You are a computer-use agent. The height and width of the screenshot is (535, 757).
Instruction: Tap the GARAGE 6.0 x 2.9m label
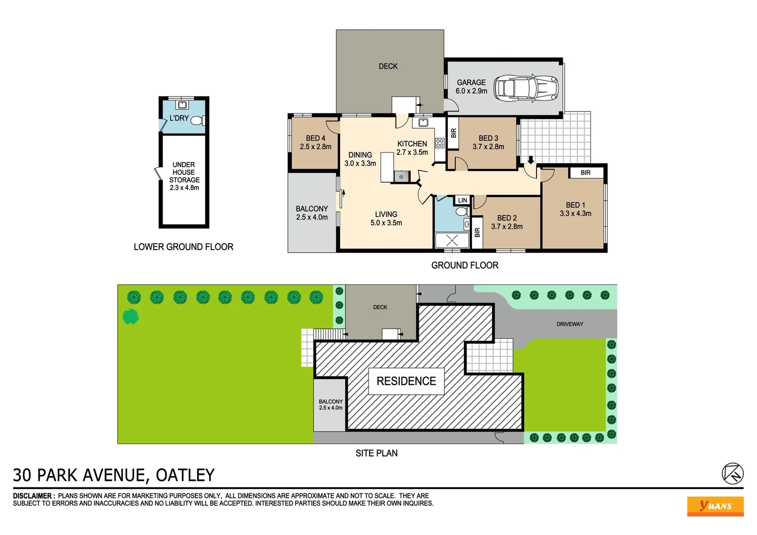471,87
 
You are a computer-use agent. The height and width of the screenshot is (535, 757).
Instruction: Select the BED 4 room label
316,138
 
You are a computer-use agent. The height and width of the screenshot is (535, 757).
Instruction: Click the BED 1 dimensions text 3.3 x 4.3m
575,214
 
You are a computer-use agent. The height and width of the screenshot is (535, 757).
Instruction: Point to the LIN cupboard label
462,200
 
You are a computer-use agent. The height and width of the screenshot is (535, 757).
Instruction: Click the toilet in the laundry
197,120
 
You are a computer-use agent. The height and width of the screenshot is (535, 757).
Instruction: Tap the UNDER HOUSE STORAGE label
184,172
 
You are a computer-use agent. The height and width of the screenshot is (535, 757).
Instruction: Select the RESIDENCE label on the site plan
406,381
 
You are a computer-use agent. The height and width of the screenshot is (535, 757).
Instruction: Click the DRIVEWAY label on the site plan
570,324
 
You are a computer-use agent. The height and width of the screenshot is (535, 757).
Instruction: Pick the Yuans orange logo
715,506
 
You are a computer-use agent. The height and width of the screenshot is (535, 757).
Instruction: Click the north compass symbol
732,474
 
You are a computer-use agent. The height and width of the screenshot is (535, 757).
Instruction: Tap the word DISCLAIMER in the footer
33,495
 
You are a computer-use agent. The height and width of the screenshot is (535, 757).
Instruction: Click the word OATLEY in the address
185,475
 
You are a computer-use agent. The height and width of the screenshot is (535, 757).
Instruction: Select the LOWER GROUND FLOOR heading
183,247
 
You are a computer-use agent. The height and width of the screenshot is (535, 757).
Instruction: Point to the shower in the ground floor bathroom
452,240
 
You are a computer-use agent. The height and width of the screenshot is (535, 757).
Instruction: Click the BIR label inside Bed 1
585,172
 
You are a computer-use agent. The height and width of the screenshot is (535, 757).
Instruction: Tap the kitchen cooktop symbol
439,143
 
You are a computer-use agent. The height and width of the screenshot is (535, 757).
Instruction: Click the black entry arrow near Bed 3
531,160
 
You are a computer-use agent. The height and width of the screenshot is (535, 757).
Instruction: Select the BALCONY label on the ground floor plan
312,209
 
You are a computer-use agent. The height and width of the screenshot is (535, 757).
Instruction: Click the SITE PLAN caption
377,453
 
